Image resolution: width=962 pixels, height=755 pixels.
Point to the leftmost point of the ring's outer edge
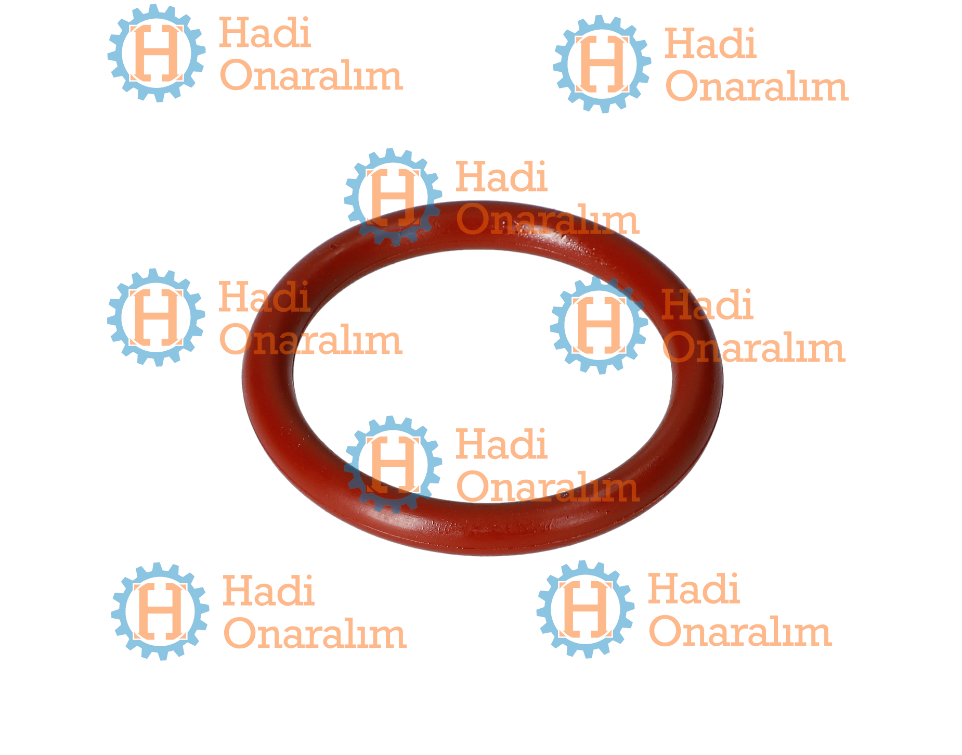point(242,377)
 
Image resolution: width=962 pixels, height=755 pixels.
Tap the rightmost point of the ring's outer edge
point(723,380)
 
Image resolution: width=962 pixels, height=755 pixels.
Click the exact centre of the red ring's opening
point(483,376)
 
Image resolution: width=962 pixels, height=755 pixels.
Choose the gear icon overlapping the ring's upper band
point(393,197)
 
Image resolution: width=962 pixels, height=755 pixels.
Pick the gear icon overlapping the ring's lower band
point(393,465)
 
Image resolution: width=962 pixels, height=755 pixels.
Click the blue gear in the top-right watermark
point(602,64)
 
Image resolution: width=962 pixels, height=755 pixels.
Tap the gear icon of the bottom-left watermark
point(160,611)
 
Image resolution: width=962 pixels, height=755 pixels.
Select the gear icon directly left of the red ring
point(156,317)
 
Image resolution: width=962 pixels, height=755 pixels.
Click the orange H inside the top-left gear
point(157,53)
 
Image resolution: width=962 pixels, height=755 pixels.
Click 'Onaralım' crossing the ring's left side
point(311,341)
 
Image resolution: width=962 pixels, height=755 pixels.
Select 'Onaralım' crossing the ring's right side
point(753,349)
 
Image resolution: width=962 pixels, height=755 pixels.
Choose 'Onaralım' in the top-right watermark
point(757,86)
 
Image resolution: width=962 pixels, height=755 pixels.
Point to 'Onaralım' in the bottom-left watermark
point(315,634)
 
